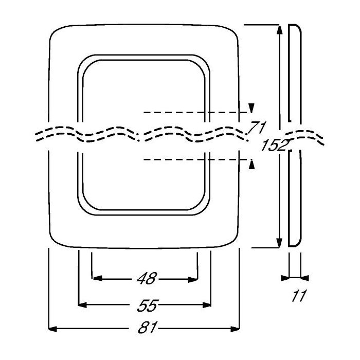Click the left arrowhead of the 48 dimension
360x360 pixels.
coord(95,279)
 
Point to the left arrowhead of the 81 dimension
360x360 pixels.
coord(51,328)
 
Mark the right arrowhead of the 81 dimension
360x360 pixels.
coord(237,328)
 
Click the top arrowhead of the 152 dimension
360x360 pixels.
coord(279,29)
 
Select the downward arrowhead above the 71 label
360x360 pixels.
coord(251,107)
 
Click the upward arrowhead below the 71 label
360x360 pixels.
coord(251,164)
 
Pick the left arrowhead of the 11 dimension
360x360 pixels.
coord(285,278)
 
